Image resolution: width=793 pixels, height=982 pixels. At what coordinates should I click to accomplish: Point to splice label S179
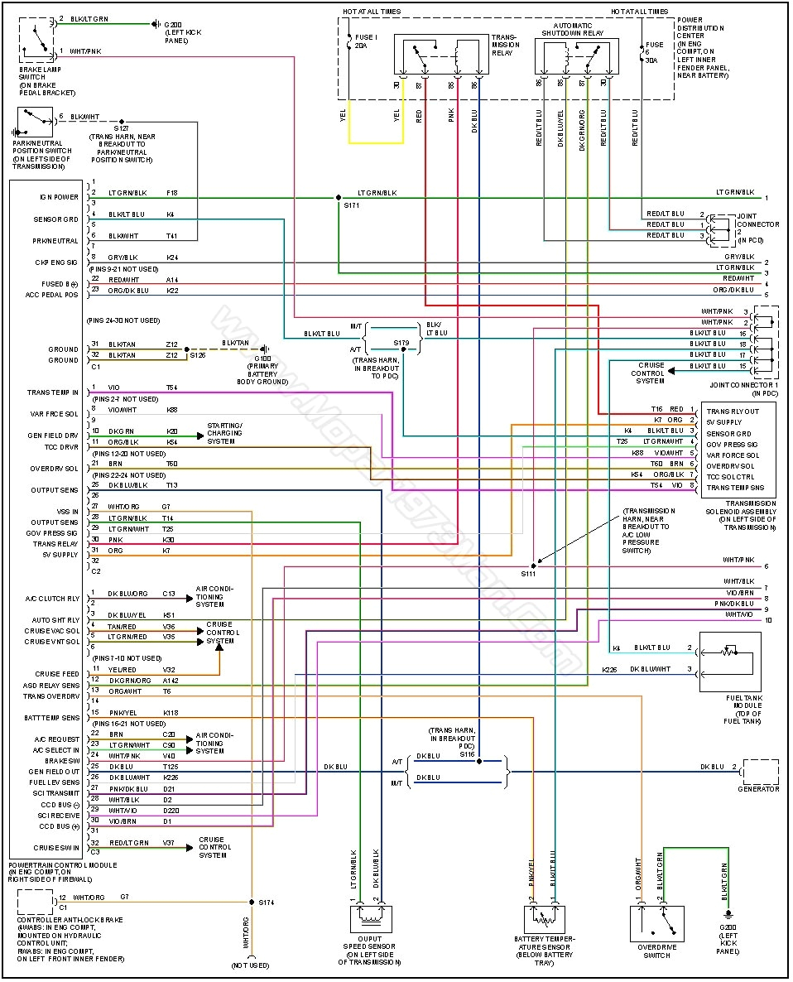coord(401,341)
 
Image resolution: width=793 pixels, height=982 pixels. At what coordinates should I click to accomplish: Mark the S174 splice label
coord(266,902)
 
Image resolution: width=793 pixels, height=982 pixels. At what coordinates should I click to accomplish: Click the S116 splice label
coord(468,754)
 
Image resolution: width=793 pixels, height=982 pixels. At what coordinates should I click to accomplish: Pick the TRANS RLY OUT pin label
coord(732,411)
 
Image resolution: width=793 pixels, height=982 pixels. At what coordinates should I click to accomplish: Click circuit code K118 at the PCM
coord(171,713)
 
